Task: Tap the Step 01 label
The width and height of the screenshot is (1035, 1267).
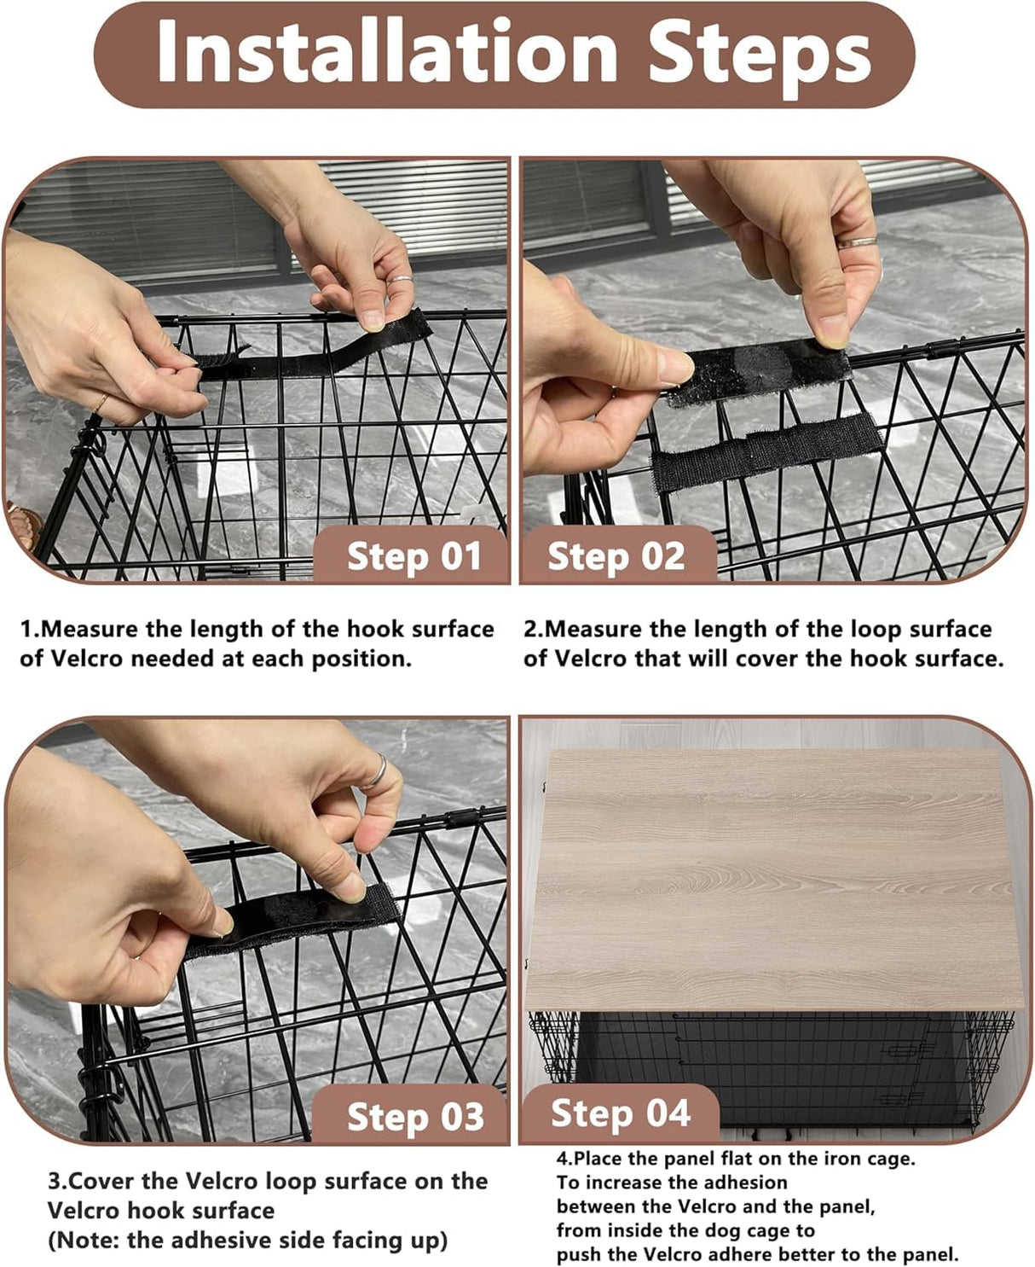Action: [413, 557]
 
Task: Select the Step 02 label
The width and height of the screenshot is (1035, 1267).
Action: [616, 556]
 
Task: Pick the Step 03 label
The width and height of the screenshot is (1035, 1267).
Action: [414, 1117]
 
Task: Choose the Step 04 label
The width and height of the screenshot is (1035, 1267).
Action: [620, 1113]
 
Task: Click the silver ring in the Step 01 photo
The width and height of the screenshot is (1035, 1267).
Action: [401, 280]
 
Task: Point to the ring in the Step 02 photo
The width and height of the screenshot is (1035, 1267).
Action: [856, 242]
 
